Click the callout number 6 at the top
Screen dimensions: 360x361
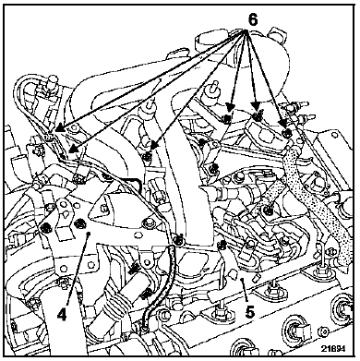(252, 20)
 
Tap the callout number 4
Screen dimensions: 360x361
(62, 315)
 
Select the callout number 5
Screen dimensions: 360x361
(250, 312)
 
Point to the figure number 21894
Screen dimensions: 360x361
(333, 348)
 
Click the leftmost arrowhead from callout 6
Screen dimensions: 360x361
(57, 129)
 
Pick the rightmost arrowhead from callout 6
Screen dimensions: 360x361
(282, 123)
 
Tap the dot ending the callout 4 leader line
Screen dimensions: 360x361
(89, 235)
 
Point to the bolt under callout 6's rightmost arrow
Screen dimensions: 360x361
(287, 133)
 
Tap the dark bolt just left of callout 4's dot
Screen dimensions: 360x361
(80, 223)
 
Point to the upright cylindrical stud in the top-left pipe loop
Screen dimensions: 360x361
(51, 84)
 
